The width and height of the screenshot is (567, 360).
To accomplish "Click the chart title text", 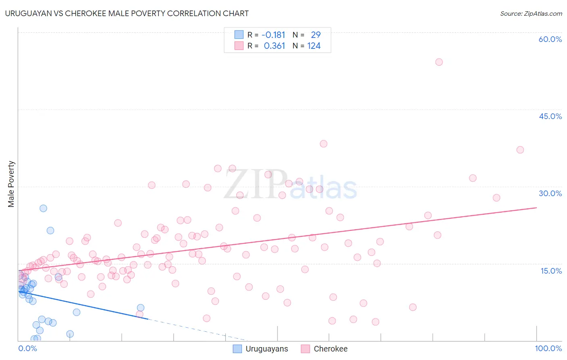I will coord(127,13).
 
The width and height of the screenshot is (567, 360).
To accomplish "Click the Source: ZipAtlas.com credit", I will coord(531,13).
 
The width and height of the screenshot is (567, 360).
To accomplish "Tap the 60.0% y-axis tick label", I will coord(550,39).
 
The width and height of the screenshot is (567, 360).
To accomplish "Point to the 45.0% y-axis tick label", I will coord(550,116).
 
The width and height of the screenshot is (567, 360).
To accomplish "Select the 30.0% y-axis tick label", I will coord(550,193).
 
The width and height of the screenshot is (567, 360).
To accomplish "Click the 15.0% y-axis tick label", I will coord(551,270).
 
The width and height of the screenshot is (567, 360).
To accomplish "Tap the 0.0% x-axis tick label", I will coord(27,348).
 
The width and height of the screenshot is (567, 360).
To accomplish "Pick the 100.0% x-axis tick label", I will coord(548,348).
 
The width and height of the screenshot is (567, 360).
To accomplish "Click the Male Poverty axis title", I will coord(11,184).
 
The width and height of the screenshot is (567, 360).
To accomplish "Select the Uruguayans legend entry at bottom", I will coord(261,349).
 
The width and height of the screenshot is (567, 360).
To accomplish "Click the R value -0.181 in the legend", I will coord(273,35).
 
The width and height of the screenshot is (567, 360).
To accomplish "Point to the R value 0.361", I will coord(274,46).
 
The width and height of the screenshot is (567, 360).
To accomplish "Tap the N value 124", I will coord(314,46).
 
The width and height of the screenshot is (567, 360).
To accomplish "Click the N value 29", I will coord(316,35).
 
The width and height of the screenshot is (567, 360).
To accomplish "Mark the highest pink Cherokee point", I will coord(439,62).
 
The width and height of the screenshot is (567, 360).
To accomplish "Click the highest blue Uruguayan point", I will coord(43,208).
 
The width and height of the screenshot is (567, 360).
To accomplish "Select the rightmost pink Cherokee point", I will coord(520,150).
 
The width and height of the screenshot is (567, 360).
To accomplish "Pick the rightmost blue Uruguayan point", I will coord(140,308).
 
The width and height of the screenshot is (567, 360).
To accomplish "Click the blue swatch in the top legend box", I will coord(239,35).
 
